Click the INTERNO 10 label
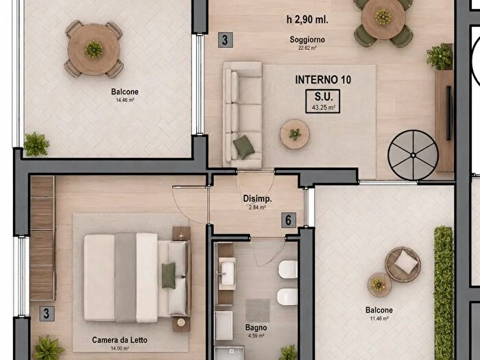[x=323, y=80]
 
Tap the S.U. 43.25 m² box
[x=323, y=101]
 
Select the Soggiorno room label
[x=307, y=40]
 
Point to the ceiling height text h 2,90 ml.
[x=307, y=20]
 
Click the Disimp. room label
[x=257, y=198]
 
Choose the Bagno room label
[x=256, y=328]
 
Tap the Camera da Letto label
[x=119, y=340]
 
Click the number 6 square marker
[x=289, y=220]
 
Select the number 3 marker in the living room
[x=226, y=40]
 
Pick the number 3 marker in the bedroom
[x=47, y=313]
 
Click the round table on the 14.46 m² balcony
[x=94, y=49]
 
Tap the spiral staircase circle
[x=413, y=155]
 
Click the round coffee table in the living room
[x=294, y=134]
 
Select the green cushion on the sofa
[x=243, y=147]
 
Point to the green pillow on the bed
[x=169, y=275]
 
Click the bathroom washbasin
[x=227, y=274]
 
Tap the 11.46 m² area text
[x=379, y=318]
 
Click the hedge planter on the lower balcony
[x=443, y=293]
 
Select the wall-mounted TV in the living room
[x=449, y=113]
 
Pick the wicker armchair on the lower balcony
[x=403, y=264]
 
